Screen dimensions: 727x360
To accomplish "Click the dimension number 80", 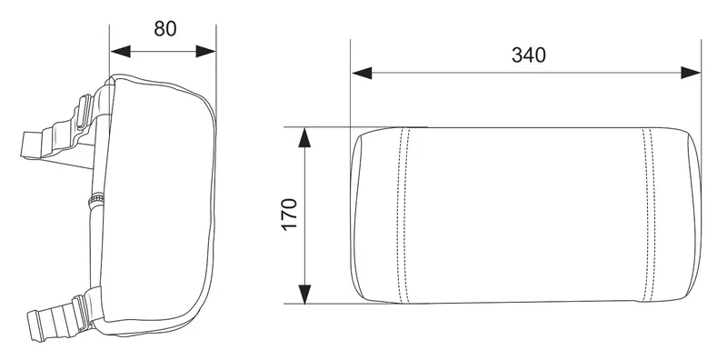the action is click(x=165, y=29).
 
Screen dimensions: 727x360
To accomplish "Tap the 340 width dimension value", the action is click(x=529, y=55).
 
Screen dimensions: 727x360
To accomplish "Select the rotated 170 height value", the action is click(x=289, y=215).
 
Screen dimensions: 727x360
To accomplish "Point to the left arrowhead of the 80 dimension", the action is click(x=120, y=52).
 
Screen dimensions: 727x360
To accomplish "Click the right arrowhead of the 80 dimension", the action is click(x=206, y=52).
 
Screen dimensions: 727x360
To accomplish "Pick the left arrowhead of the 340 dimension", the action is click(x=362, y=73).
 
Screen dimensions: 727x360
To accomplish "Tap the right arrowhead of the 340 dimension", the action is click(x=691, y=73).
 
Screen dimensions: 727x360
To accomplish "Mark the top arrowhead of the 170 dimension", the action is click(x=304, y=138).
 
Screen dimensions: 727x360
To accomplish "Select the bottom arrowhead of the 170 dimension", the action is click(x=304, y=295).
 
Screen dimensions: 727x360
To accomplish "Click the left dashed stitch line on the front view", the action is click(x=403, y=215).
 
